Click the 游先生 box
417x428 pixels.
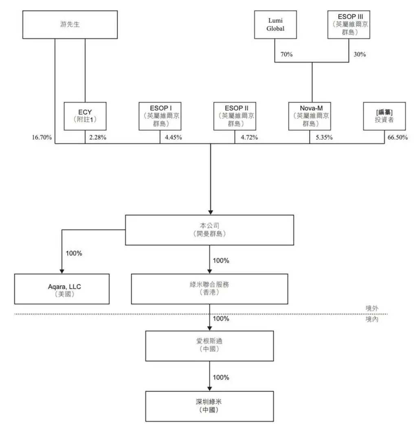pyautogui.click(x=70, y=24)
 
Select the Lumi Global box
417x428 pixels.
pyautogui.click(x=275, y=24)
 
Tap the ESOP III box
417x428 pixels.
pyautogui.click(x=349, y=24)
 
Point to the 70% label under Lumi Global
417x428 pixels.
pyautogui.click(x=286, y=54)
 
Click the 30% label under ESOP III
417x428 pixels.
pyautogui.click(x=360, y=54)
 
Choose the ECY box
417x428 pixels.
pyautogui.click(x=85, y=116)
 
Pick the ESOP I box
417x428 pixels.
pyautogui.click(x=160, y=116)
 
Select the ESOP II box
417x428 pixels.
pyautogui.click(x=235, y=116)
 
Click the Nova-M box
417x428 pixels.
pyautogui.click(x=309, y=116)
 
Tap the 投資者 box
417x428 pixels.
pyautogui.click(x=384, y=116)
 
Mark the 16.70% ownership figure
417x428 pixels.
pyautogui.click(x=42, y=137)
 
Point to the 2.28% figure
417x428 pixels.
pyautogui.click(x=98, y=137)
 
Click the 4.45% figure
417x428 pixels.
pyautogui.click(x=173, y=137)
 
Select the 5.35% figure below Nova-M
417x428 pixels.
pyautogui.click(x=324, y=137)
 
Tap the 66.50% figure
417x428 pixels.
pyautogui.click(x=398, y=137)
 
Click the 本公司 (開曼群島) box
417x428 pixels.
pyautogui.click(x=209, y=230)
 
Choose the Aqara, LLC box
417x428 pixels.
pyautogui.click(x=62, y=289)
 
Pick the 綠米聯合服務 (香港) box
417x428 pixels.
pyautogui.click(x=209, y=289)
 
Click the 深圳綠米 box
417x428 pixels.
pyautogui.click(x=209, y=406)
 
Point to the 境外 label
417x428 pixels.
pyautogui.click(x=372, y=308)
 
